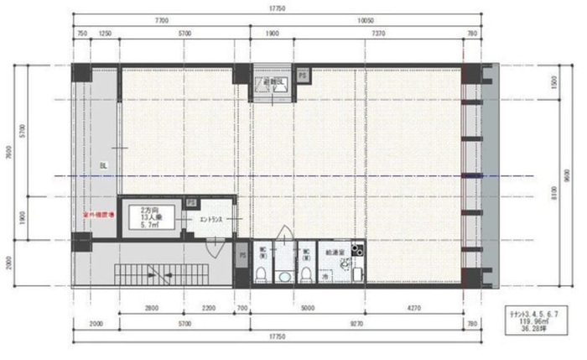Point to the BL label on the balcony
[103, 164]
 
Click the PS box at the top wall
[302, 75]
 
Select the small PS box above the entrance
[192, 203]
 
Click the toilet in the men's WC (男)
[262, 275]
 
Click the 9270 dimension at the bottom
[357, 324]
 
